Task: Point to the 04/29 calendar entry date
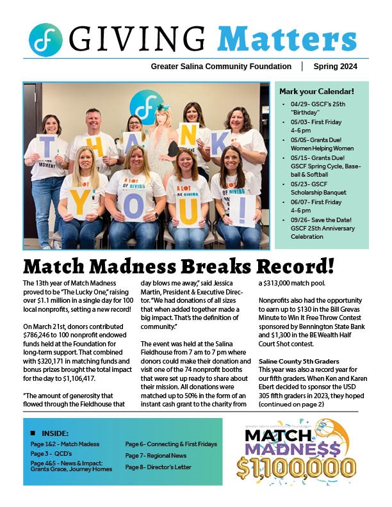click(x=296, y=103)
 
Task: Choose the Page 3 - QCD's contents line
click(x=53, y=453)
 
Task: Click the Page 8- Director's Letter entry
click(x=158, y=467)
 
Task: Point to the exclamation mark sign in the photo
click(x=245, y=209)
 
